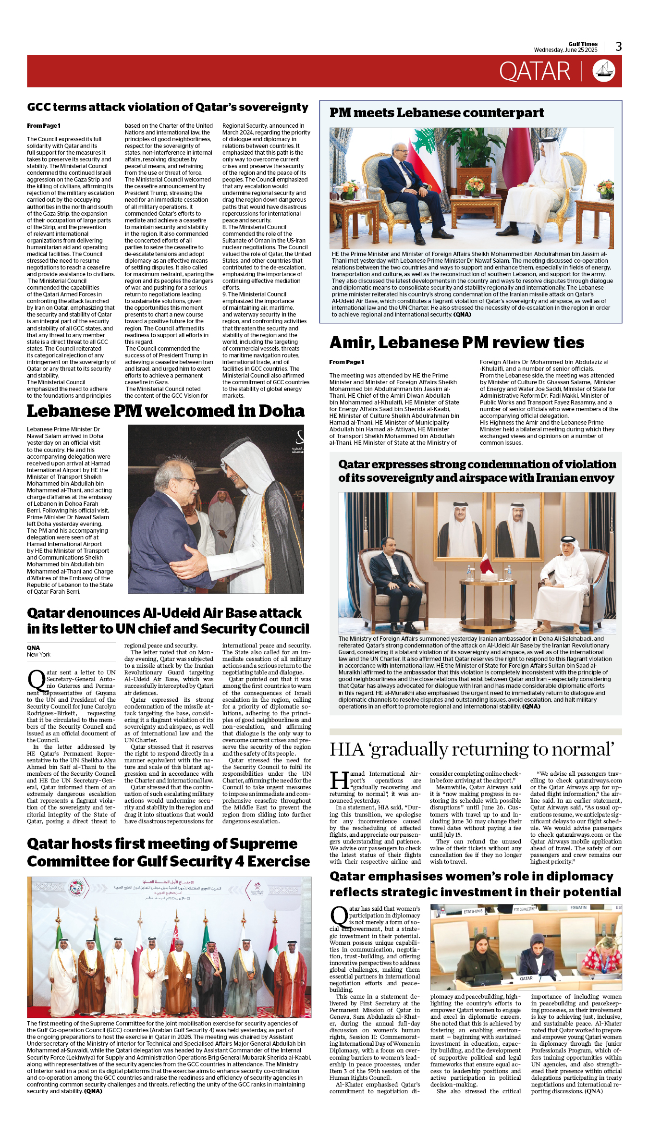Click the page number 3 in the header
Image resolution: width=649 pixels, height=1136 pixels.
(618, 47)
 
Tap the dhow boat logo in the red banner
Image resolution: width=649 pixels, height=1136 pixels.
(604, 71)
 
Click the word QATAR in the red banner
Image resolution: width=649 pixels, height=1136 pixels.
(534, 72)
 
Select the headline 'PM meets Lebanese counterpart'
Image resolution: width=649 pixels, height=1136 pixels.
(436, 113)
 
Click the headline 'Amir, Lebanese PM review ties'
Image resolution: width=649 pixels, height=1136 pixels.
(456, 342)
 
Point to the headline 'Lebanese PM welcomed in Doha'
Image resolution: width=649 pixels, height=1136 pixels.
(166, 411)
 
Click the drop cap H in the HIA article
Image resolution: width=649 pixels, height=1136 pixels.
(339, 781)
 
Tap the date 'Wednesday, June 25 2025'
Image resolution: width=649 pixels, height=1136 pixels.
(565, 50)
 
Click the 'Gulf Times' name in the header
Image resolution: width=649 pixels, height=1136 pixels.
(583, 44)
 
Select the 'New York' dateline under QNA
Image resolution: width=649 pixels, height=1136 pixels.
(38, 655)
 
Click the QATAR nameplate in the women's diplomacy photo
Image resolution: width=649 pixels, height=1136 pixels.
(526, 978)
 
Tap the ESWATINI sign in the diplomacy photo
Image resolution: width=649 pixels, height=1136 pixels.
(579, 908)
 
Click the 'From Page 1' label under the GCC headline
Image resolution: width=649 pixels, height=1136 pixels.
(44, 126)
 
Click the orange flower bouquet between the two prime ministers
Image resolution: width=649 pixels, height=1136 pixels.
(475, 185)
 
